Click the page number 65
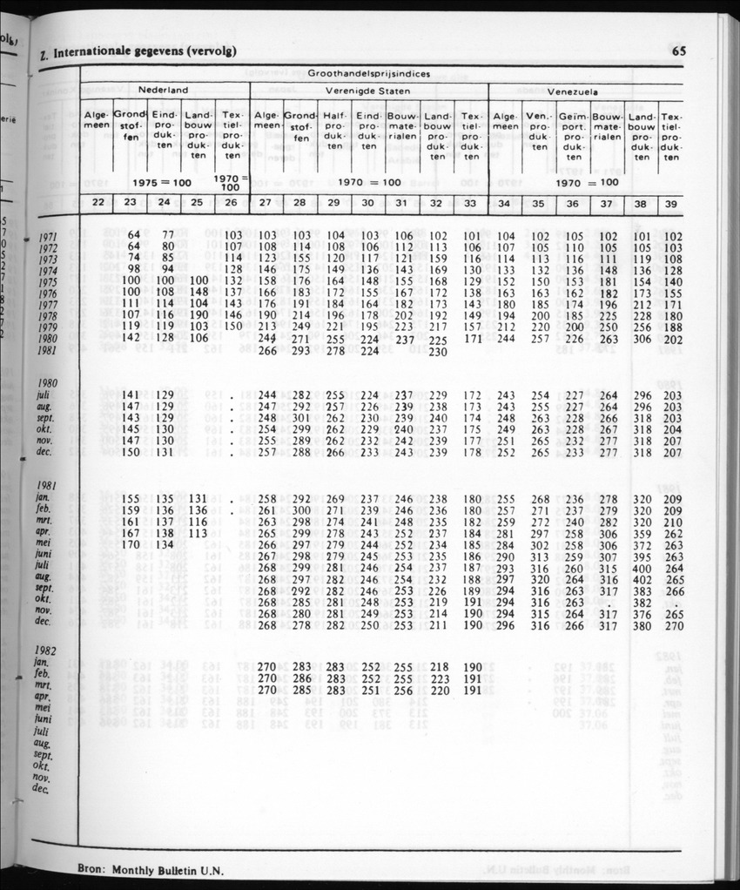pos(679,51)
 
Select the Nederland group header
pos(164,90)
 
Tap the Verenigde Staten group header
pos(369,91)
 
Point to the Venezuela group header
pos(583,91)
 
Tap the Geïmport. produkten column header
pos(573,137)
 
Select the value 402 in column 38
pos(642,580)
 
